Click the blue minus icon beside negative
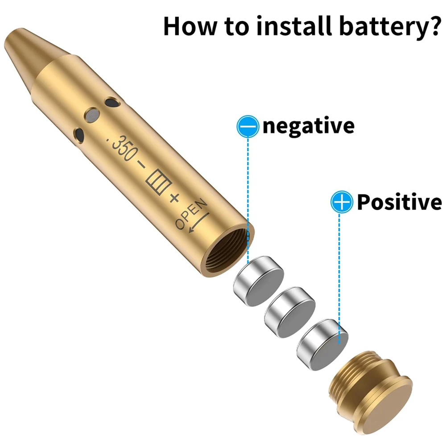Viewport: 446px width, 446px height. click(x=248, y=126)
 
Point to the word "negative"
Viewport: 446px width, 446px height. click(x=308, y=126)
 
